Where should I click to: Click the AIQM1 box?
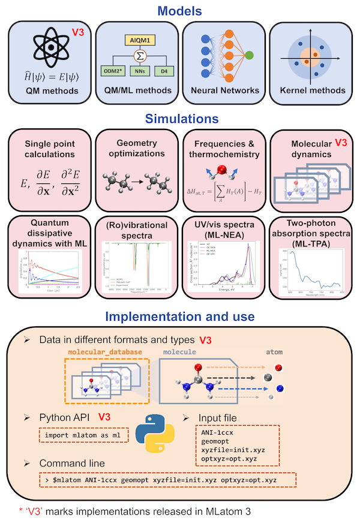click(x=137, y=40)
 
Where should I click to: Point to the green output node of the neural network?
click(x=249, y=55)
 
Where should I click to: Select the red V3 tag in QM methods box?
click(x=79, y=32)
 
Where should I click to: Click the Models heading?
click(x=180, y=10)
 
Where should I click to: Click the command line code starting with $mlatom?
click(x=168, y=480)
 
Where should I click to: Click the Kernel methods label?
click(x=313, y=91)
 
